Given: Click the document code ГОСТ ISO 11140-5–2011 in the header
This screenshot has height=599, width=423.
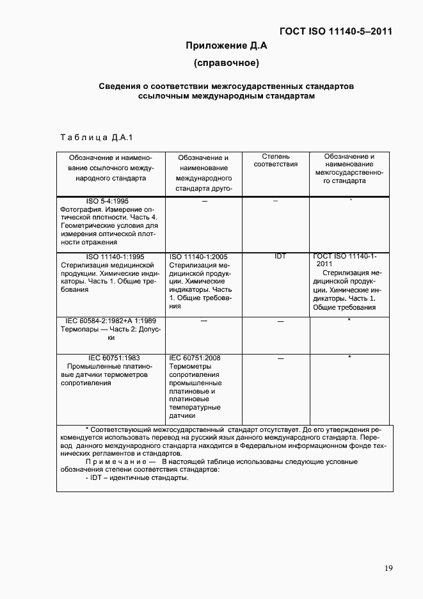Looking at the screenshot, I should click(335, 31).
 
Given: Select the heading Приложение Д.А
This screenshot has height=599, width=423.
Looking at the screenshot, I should click(226, 45).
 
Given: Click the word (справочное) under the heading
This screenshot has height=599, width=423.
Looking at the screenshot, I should click(226, 63).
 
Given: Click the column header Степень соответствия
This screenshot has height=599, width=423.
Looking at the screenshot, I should click(275, 160).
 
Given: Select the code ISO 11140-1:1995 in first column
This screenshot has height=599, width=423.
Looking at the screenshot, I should click(111, 256).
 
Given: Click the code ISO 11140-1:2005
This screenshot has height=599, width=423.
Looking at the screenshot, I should click(196, 256).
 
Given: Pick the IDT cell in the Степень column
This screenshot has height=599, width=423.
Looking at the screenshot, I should click(280, 256).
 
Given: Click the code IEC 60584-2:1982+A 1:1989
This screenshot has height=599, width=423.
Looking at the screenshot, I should click(111, 320).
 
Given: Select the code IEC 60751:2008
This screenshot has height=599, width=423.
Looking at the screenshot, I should click(195, 358).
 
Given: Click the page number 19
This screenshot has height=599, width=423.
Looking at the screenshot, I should click(388, 568).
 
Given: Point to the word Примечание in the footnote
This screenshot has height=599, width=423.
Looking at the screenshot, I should click(116, 461).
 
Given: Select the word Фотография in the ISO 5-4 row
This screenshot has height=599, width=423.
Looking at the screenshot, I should click(81, 209).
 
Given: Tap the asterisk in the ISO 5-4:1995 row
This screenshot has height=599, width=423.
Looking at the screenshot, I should click(351, 201).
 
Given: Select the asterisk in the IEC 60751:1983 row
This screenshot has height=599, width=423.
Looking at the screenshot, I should click(349, 358).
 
